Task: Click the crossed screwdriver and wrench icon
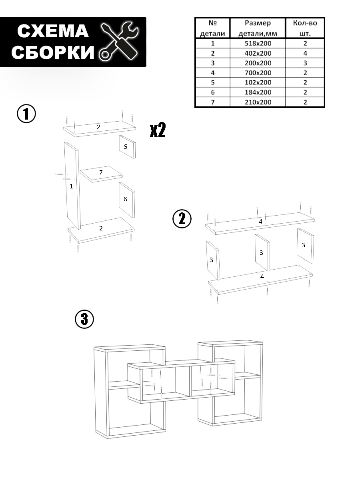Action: point(118,42)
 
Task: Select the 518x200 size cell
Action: point(258,43)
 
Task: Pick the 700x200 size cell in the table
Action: point(258,73)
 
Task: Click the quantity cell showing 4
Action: point(305,53)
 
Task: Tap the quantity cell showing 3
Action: point(305,63)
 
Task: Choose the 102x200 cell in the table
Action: point(258,83)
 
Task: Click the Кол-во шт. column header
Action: point(305,28)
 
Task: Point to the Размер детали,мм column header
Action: point(258,28)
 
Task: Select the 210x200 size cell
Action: point(258,102)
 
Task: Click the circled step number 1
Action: point(26,114)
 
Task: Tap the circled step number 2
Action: point(182,219)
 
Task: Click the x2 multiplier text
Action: point(158,130)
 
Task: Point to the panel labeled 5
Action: point(126,147)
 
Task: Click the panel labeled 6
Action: point(126,199)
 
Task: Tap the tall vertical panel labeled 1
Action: point(72,186)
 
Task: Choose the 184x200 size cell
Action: point(258,92)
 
